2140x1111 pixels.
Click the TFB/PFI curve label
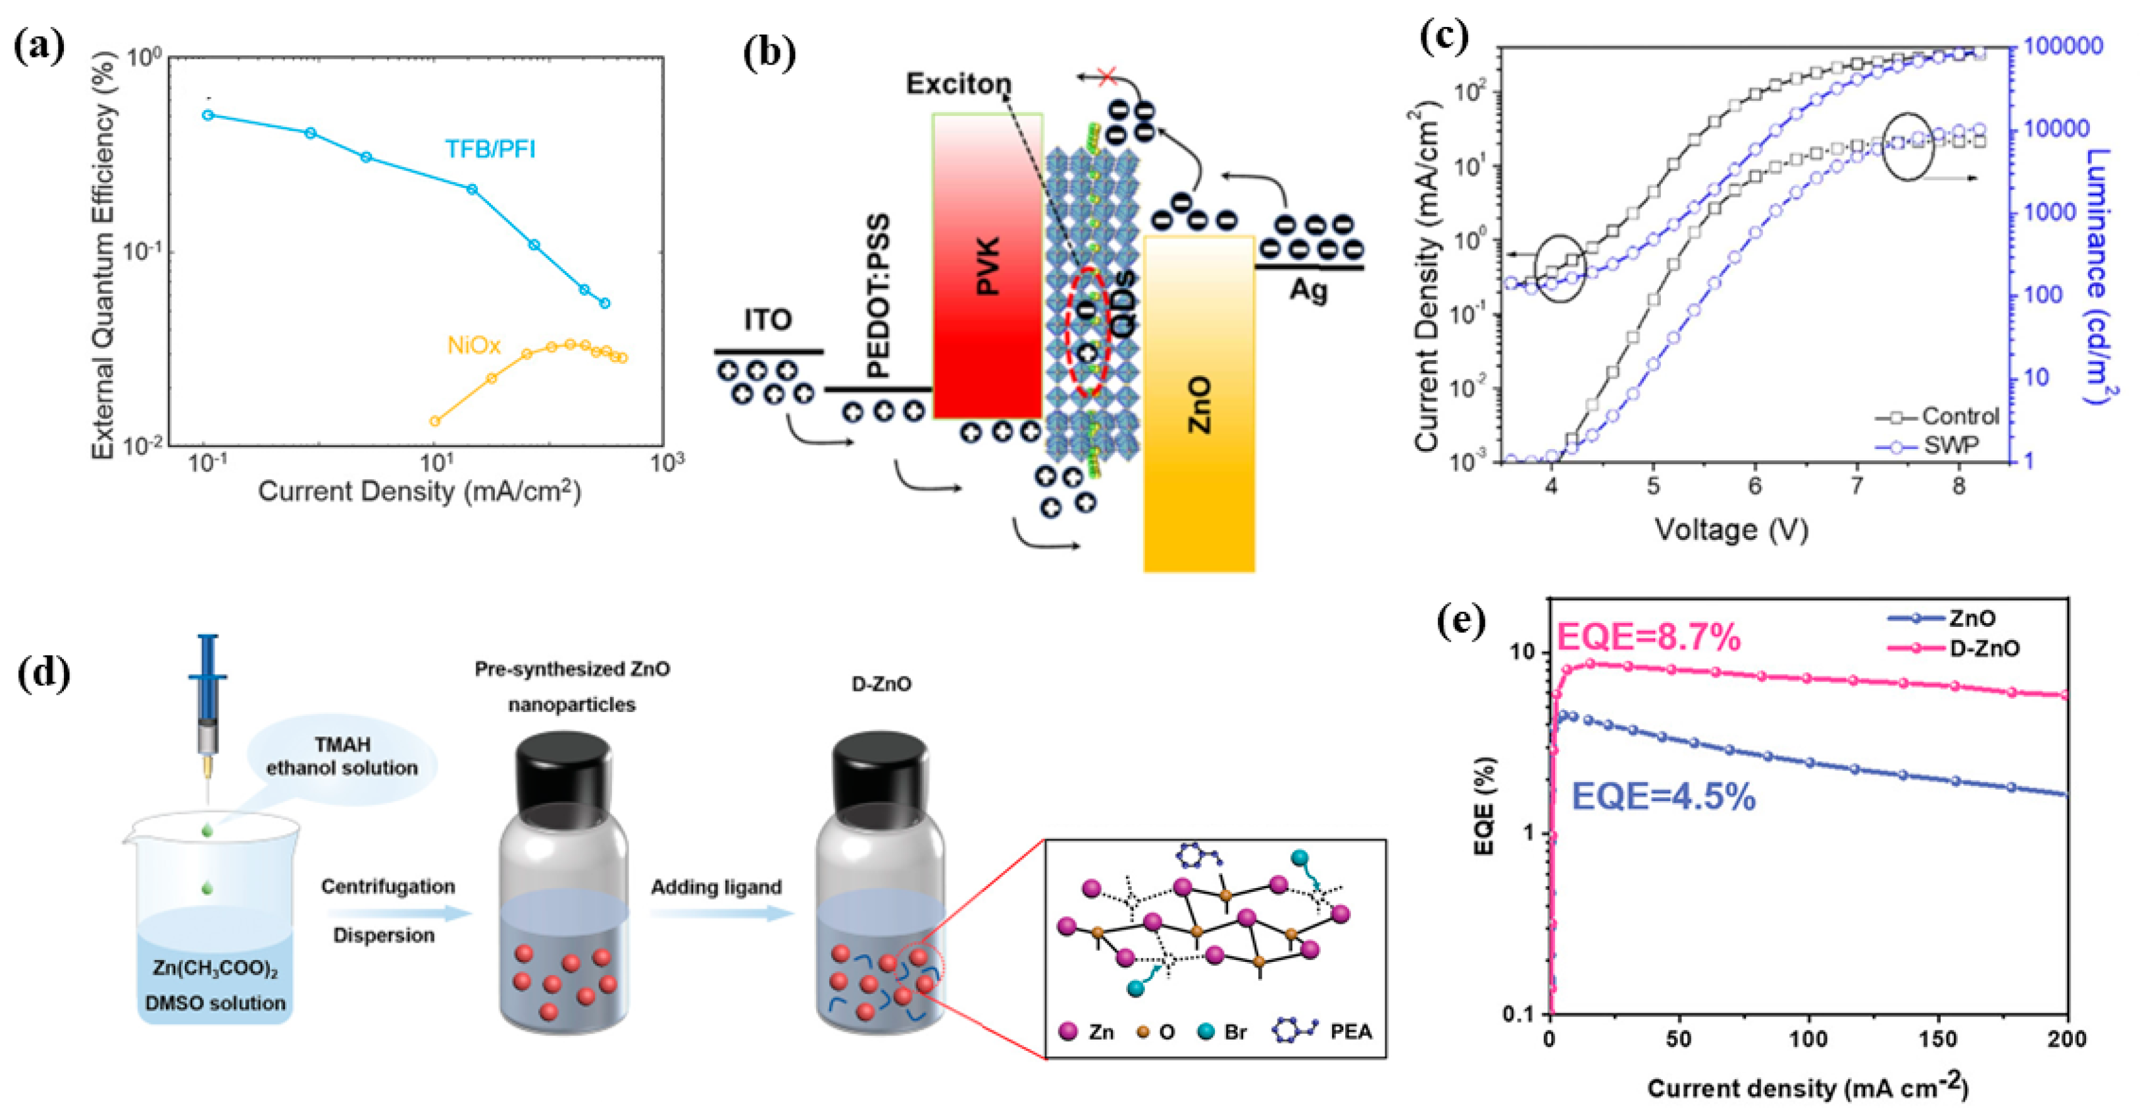coord(490,149)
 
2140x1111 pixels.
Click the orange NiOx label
coord(473,345)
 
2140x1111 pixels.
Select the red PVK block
coord(988,266)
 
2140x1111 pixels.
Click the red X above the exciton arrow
coord(1107,76)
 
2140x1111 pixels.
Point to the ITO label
coord(768,320)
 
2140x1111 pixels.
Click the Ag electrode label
coord(1308,291)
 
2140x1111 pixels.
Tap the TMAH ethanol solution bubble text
coord(341,756)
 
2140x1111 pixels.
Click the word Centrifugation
coord(388,887)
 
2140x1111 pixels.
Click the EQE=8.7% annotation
coord(1648,638)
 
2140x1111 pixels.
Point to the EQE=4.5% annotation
coord(1664,798)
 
